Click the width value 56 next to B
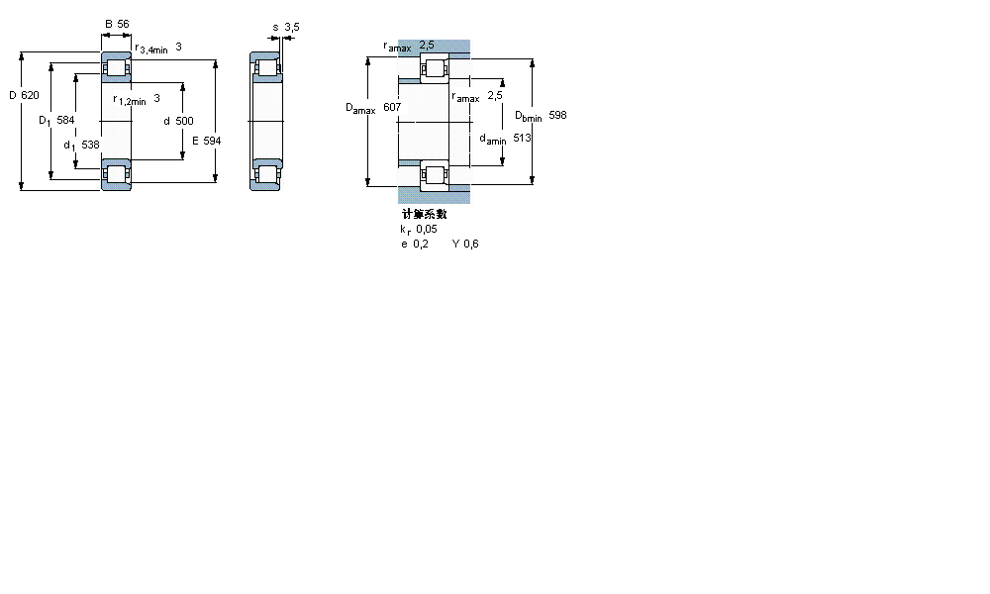point(124,24)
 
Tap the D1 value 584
point(65,120)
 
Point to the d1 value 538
point(90,145)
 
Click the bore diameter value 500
point(184,121)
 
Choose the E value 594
point(211,141)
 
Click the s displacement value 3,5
point(291,27)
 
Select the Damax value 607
point(392,106)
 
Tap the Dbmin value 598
point(557,116)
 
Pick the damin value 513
point(522,139)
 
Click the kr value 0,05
point(427,229)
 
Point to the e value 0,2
point(422,244)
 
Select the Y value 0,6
point(470,244)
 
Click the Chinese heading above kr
point(424,214)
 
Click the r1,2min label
point(129,99)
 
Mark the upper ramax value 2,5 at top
point(427,45)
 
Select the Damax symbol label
point(359,108)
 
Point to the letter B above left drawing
point(108,24)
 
